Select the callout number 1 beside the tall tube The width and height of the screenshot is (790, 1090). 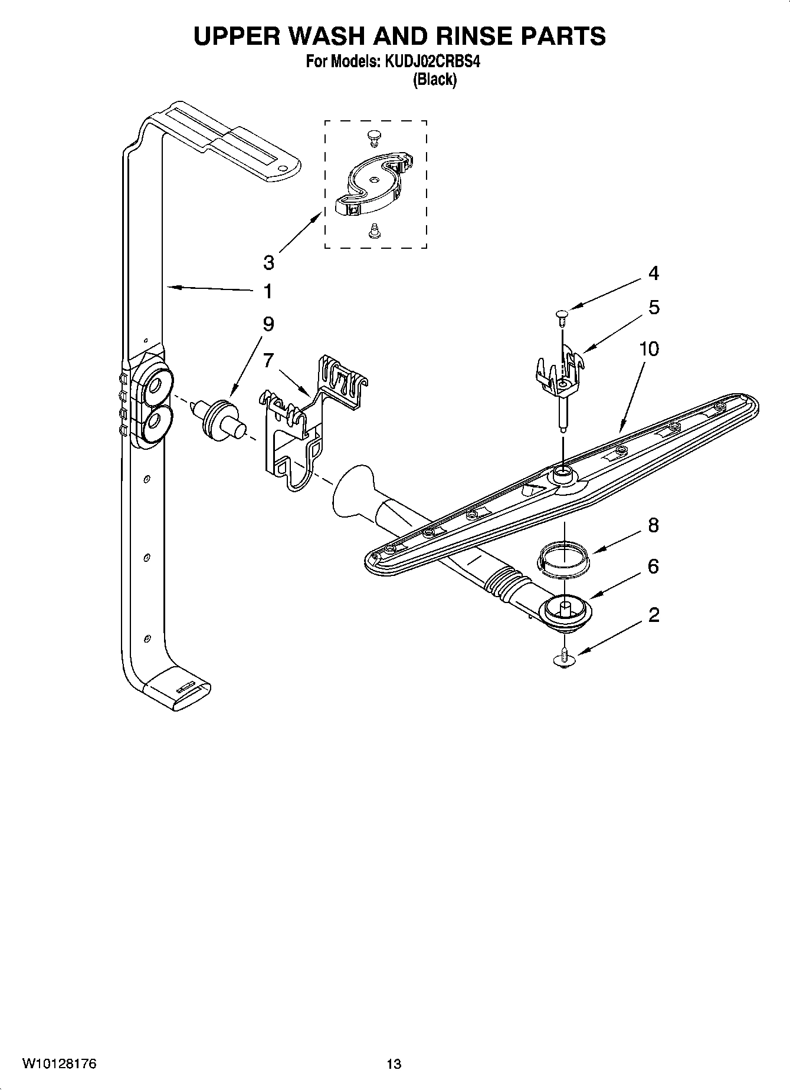[268, 291]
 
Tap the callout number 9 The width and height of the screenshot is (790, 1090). [268, 324]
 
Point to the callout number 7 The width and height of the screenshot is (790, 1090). [268, 360]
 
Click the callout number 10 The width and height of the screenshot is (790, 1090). [649, 349]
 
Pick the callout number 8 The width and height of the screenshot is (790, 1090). [653, 525]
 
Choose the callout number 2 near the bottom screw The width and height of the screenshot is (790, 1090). [653, 615]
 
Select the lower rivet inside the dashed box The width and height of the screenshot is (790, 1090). [373, 230]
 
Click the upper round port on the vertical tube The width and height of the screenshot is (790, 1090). [155, 386]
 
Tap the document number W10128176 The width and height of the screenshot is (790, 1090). [59, 1063]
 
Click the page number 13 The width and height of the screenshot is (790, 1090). [394, 1064]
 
